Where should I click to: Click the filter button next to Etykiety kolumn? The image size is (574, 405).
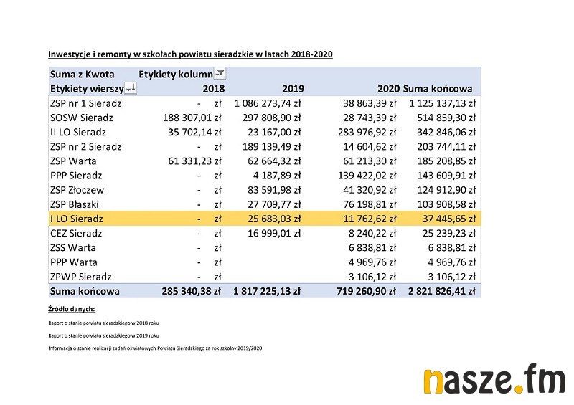click(220, 74)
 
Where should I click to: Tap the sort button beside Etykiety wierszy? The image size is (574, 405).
click(131, 88)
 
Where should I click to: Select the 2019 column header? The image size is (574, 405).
click(293, 89)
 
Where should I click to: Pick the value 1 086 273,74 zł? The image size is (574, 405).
click(267, 103)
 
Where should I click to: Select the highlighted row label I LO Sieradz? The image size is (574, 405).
click(77, 219)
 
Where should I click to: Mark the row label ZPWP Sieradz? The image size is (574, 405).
click(81, 277)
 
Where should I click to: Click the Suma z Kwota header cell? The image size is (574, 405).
click(83, 74)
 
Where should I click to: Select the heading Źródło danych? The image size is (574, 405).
click(72, 309)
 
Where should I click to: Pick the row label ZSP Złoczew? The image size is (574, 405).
click(77, 190)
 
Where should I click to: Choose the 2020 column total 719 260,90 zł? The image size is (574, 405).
click(367, 291)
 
